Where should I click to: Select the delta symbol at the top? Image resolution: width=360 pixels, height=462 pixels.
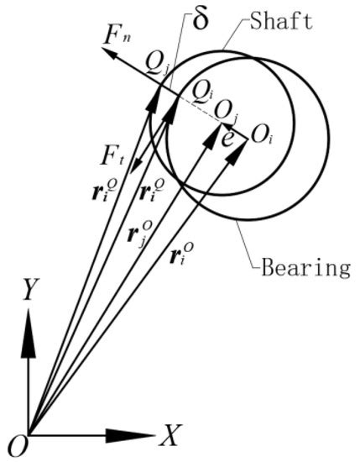pyautogui.click(x=201, y=18)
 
